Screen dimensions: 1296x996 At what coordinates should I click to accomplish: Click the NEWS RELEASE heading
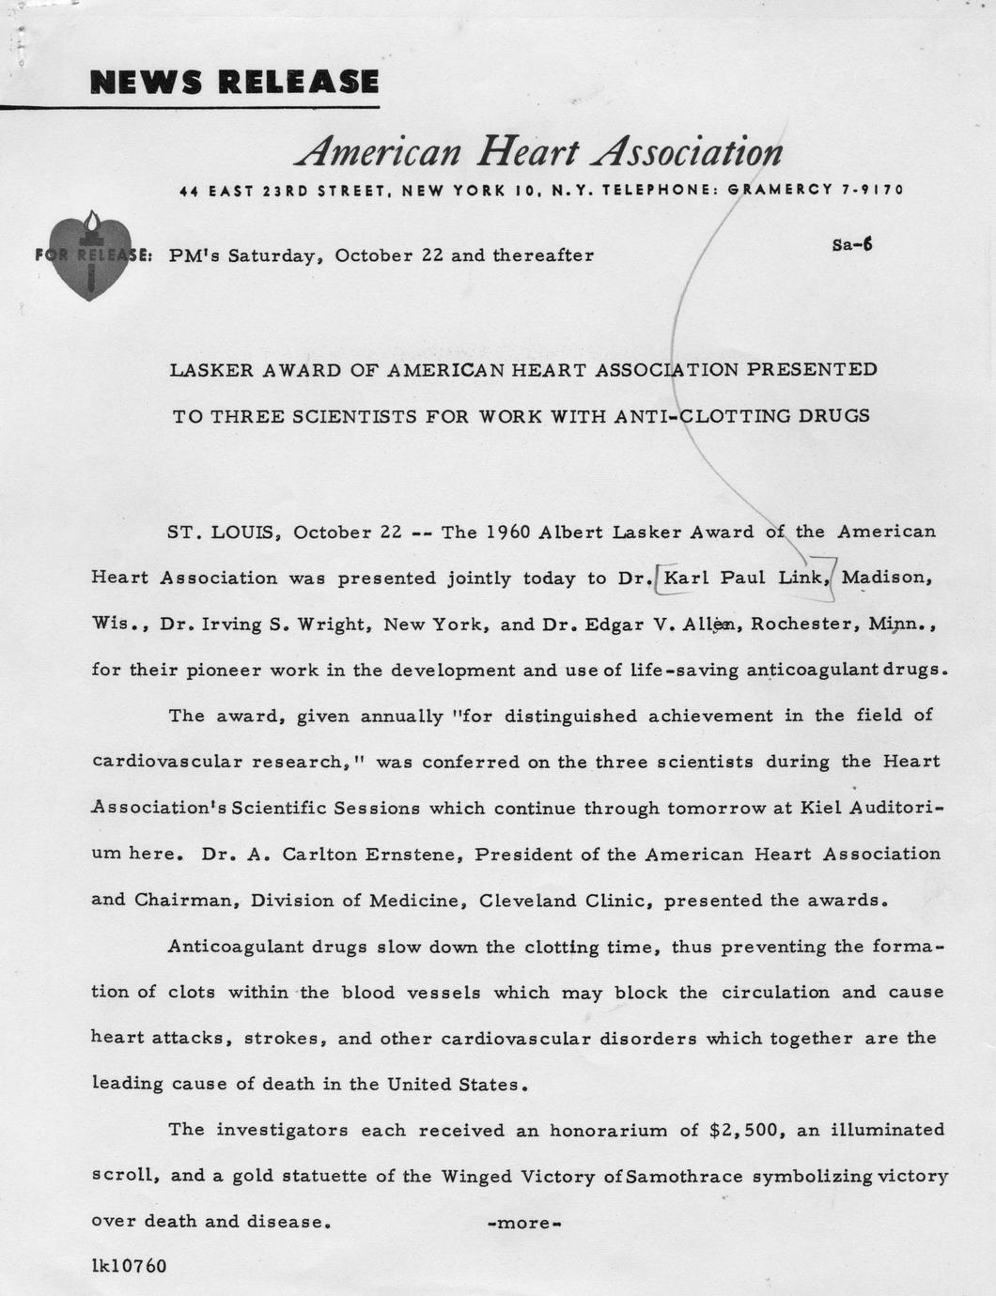coord(234,82)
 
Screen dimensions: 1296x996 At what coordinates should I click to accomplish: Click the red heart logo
coord(89,258)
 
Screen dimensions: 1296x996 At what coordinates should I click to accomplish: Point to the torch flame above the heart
coord(91,221)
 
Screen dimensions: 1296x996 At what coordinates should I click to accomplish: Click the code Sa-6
coord(851,245)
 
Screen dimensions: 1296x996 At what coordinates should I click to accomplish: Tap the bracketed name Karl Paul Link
coord(742,578)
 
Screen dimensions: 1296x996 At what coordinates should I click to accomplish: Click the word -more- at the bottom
coord(525,1224)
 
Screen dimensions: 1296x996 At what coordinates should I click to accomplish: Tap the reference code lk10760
coord(129,1266)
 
